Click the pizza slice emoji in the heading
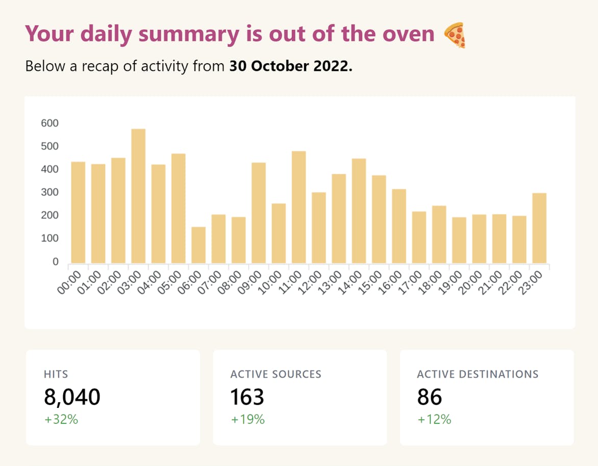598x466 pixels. (454, 35)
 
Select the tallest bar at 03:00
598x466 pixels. (138, 196)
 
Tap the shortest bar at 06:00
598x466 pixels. (198, 245)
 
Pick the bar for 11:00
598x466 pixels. (299, 207)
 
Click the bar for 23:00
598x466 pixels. (539, 228)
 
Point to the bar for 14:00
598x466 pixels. (359, 211)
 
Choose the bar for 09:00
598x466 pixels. (259, 213)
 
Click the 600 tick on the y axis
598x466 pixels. (50, 123)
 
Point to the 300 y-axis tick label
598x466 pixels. (50, 192)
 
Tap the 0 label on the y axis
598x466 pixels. (56, 262)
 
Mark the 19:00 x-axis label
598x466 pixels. (450, 282)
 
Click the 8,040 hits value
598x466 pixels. (72, 397)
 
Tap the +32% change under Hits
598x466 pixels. (61, 420)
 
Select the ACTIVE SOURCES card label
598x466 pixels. (276, 374)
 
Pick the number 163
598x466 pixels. (247, 397)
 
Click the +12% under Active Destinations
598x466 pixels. (434, 420)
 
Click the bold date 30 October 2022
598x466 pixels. (291, 66)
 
